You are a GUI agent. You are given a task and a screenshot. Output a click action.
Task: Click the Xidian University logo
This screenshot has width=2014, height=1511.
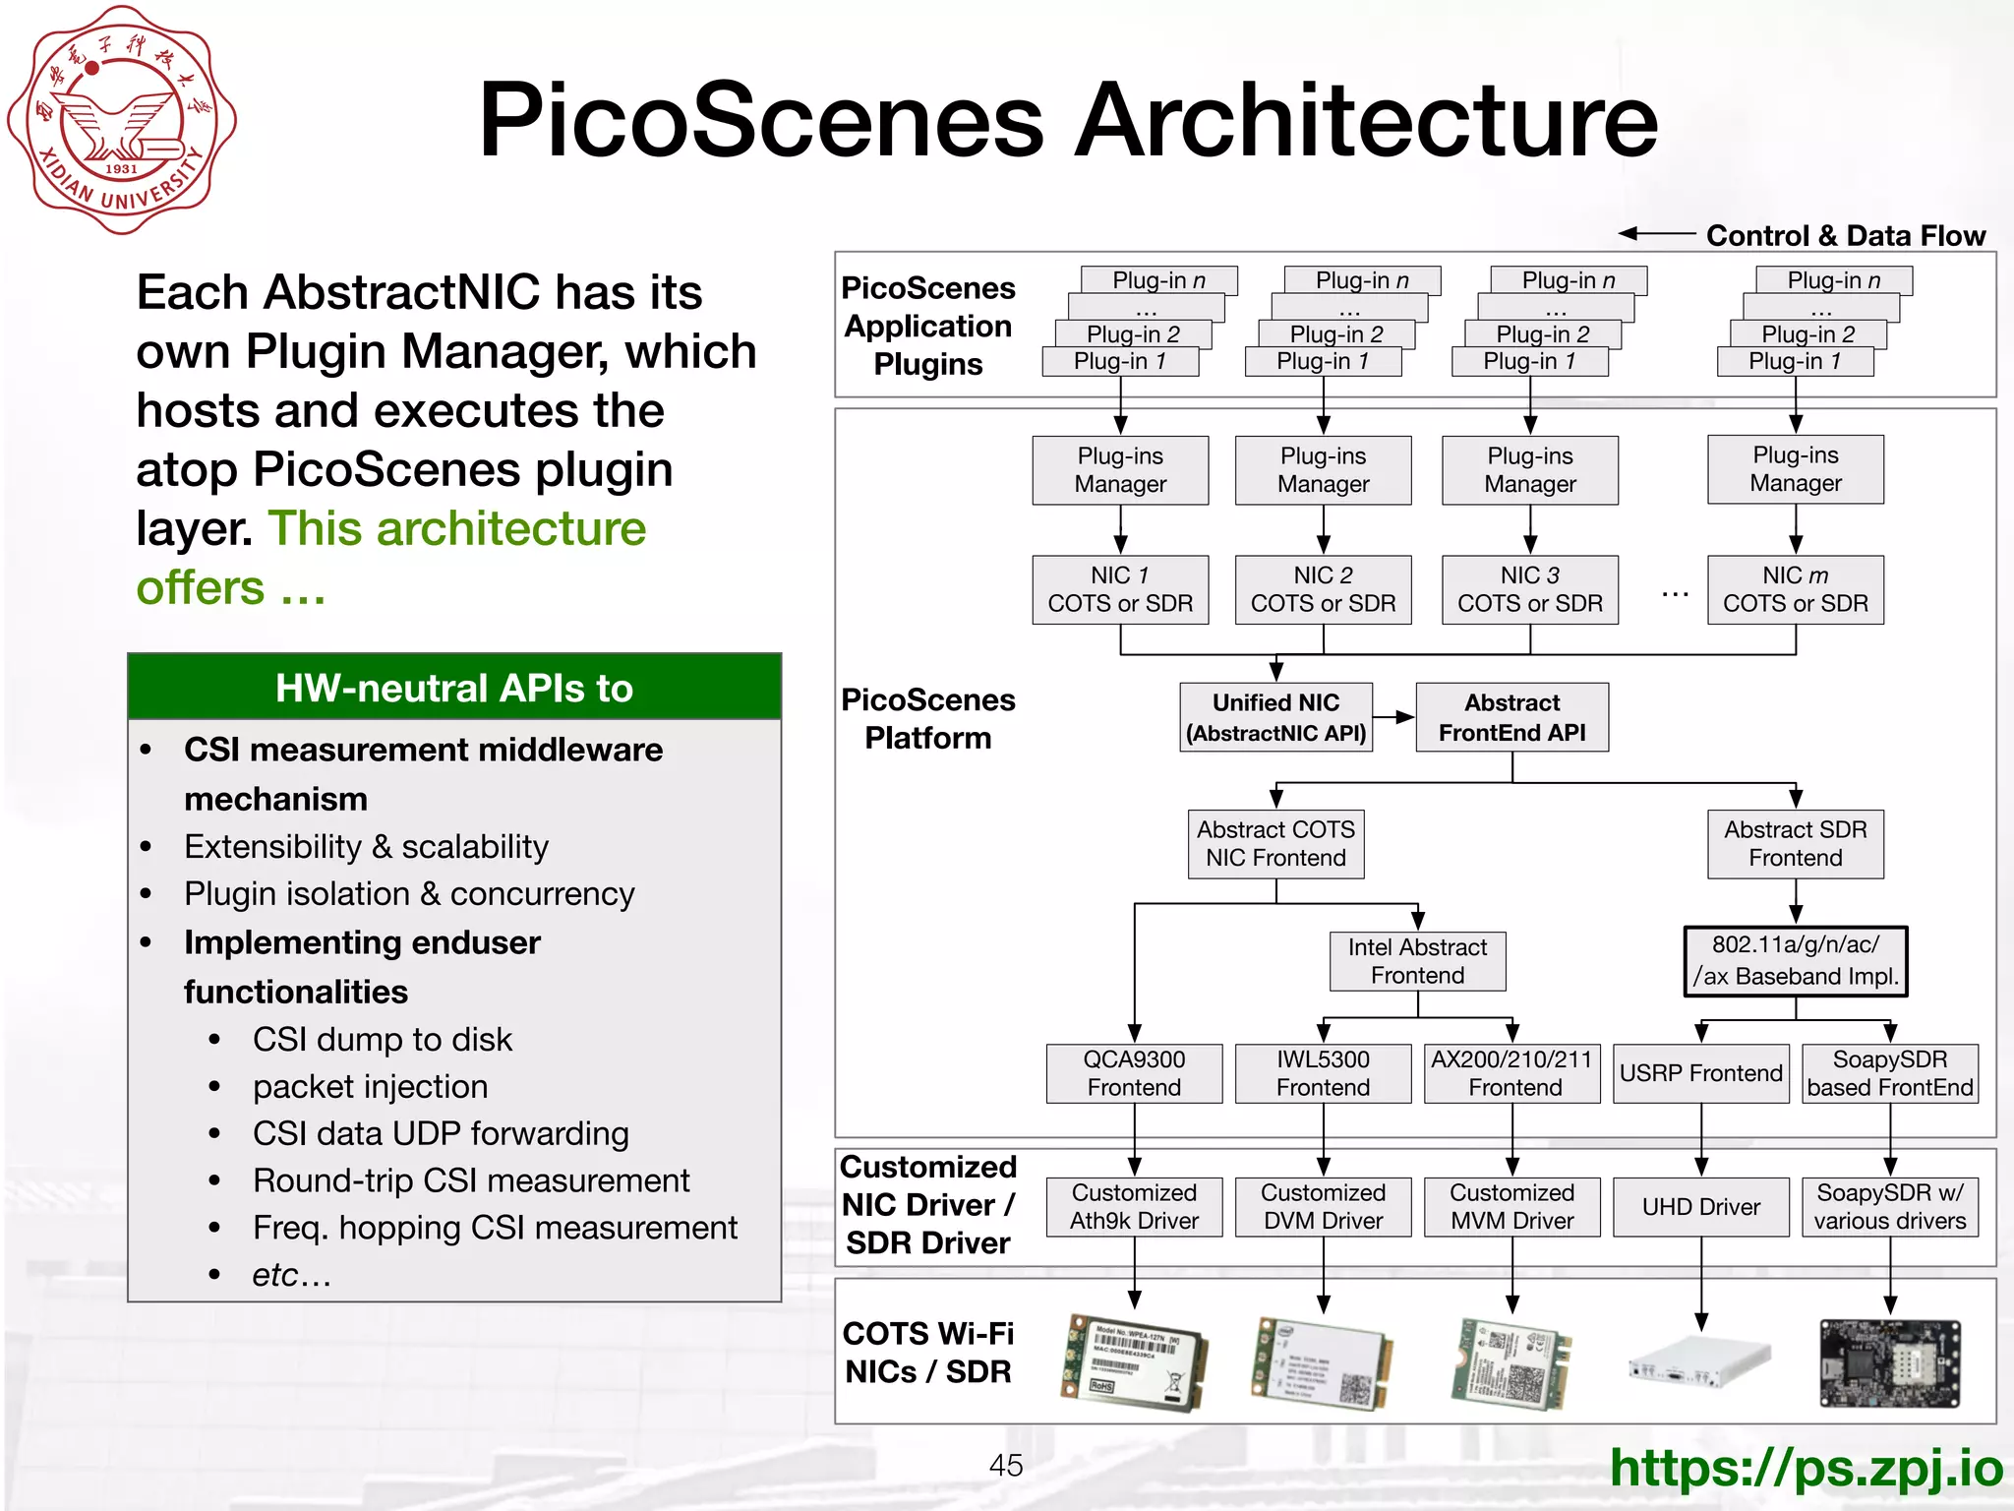[x=122, y=120]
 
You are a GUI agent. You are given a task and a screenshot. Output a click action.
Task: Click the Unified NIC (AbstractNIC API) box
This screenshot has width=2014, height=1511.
[x=1275, y=717]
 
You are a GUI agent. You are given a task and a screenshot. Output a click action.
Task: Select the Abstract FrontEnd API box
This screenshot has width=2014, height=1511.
[x=1511, y=717]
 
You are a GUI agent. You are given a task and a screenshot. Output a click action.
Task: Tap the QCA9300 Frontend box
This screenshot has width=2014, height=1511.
[x=1134, y=1073]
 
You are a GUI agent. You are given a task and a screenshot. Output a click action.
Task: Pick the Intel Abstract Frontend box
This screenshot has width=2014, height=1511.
[x=1417, y=961]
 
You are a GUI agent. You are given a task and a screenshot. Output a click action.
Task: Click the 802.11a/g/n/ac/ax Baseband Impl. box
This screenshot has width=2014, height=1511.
[x=1795, y=961]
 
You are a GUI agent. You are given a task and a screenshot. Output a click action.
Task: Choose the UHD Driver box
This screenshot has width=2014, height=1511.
[x=1700, y=1207]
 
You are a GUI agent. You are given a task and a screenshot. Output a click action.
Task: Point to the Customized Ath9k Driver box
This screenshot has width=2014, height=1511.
[x=1134, y=1207]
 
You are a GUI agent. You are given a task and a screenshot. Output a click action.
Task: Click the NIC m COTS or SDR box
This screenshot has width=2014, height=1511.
[x=1795, y=589]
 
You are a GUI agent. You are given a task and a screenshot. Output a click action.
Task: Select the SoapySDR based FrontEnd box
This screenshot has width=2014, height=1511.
[x=1889, y=1073]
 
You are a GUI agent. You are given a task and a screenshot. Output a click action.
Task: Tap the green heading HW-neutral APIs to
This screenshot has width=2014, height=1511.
[x=454, y=688]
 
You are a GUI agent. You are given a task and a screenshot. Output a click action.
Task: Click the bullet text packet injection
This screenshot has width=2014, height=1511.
[x=370, y=1086]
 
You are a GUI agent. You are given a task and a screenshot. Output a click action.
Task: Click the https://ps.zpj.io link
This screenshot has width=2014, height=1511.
[x=1806, y=1468]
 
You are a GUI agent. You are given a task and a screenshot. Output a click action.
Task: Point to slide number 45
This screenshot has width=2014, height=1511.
[x=1005, y=1466]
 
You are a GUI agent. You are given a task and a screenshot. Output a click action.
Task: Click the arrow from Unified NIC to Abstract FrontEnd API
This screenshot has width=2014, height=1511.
[x=1393, y=717]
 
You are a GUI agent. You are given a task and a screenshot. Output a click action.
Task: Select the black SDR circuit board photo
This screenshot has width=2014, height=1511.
[x=1889, y=1364]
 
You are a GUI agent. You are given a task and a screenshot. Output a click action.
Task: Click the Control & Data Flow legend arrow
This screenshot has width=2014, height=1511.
[x=1657, y=234]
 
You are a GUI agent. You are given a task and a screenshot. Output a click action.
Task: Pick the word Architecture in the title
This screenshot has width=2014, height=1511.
[x=1365, y=120]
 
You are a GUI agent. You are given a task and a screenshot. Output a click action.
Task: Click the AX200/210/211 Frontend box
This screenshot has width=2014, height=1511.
[x=1511, y=1073]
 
